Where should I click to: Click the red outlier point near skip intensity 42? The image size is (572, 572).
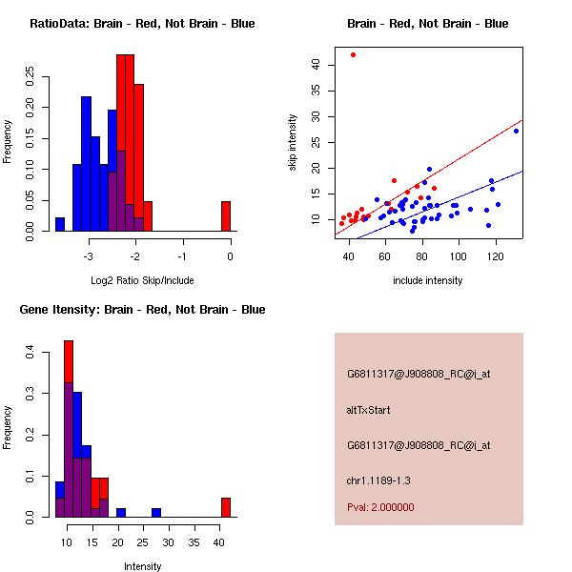point(353,54)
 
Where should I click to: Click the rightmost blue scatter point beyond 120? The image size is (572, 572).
point(516,131)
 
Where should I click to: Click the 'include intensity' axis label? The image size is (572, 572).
point(428,280)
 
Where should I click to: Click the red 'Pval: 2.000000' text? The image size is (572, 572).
point(380,507)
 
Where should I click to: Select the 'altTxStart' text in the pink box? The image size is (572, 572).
point(369,410)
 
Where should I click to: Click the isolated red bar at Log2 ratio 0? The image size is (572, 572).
point(226,216)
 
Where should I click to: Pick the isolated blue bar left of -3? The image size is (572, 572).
point(60,224)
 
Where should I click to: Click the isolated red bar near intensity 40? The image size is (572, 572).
point(226,507)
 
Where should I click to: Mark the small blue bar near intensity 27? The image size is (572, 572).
point(156,513)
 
